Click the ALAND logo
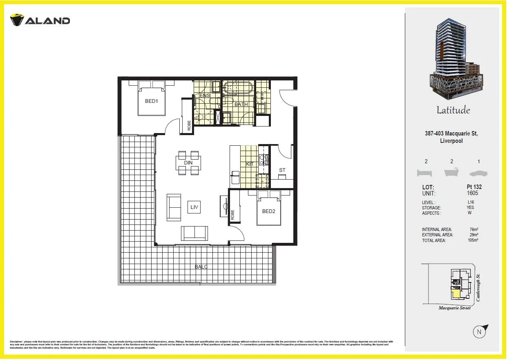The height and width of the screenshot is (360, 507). [40, 20]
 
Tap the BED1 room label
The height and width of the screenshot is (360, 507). [151, 101]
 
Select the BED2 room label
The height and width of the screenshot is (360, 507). [268, 211]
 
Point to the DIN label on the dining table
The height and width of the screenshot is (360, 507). [188, 163]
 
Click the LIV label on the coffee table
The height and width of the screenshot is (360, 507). [194, 207]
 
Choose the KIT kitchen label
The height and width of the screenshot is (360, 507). [250, 164]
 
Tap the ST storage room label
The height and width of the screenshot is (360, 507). [282, 170]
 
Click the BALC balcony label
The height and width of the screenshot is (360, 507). [201, 267]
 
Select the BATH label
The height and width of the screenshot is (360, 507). [241, 104]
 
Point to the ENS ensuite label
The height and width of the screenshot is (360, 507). [205, 96]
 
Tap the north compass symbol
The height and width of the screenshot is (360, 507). [480, 332]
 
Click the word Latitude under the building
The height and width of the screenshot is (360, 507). [453, 110]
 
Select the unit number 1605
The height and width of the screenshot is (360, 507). [472, 193]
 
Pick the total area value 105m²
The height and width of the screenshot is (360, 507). [473, 240]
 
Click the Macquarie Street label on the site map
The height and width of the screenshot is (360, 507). [454, 308]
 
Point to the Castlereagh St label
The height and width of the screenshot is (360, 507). [478, 288]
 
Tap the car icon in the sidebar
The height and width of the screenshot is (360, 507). [478, 173]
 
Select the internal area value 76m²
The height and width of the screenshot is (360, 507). [474, 229]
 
